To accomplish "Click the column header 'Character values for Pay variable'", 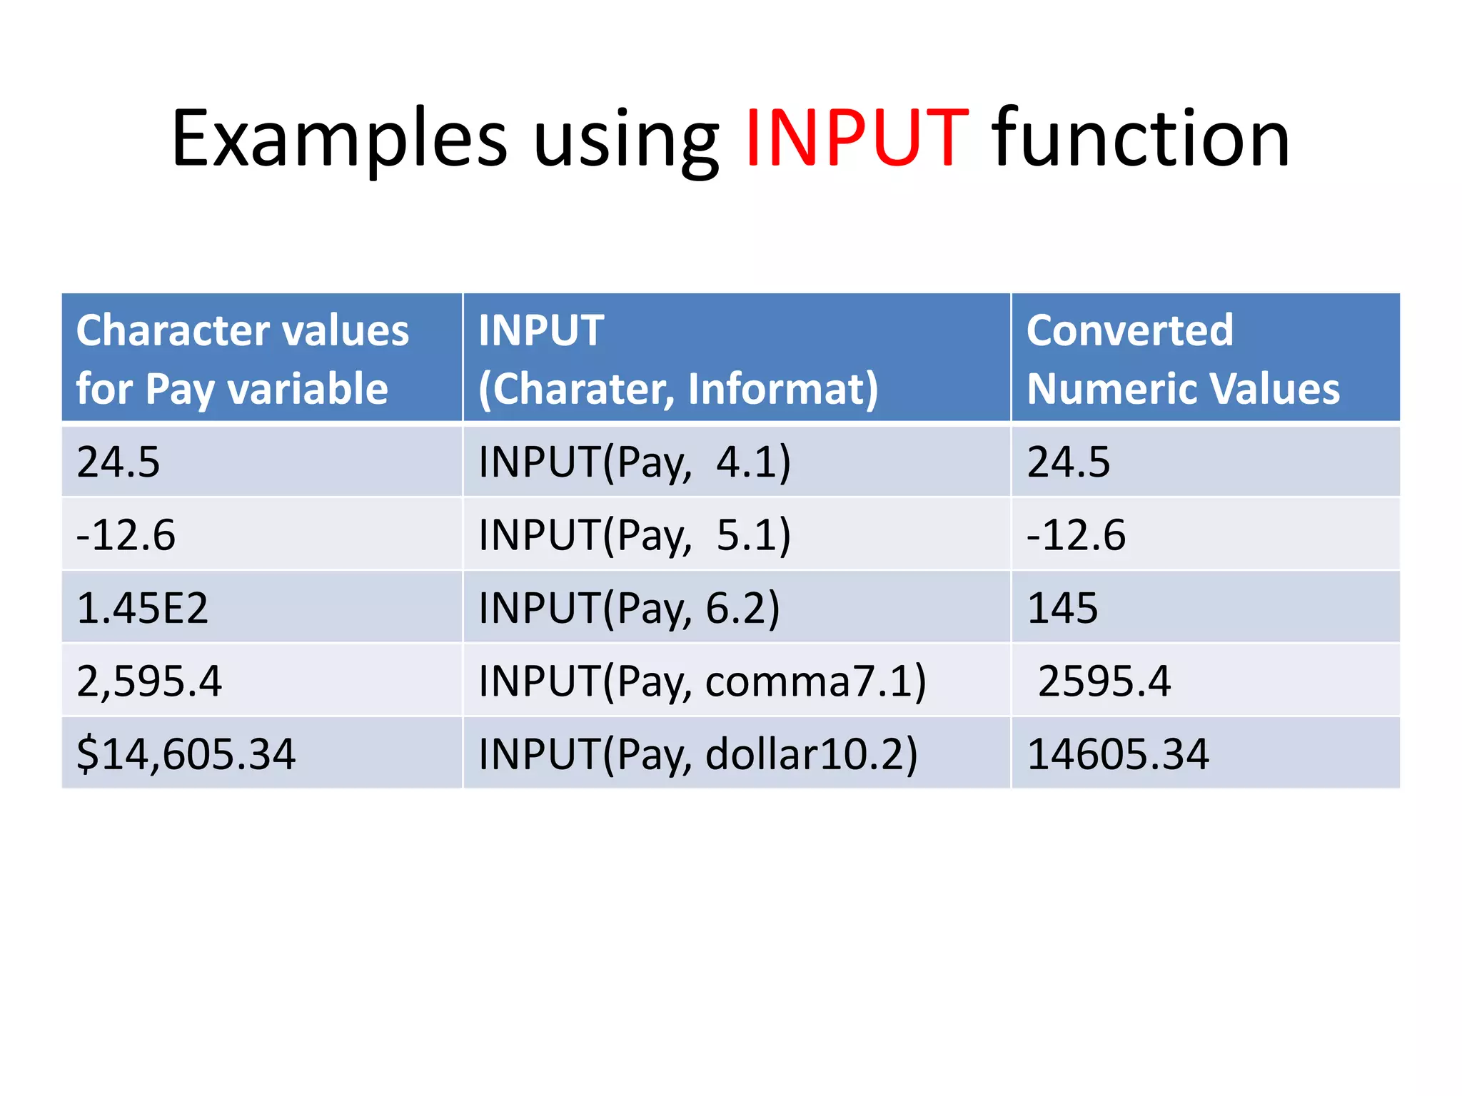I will pos(243,359).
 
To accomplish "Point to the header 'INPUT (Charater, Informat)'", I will pos(678,359).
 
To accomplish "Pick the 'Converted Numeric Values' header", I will pos(1183,359).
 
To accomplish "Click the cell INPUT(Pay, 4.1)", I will pos(635,462).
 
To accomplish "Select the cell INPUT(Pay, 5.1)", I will pos(635,535).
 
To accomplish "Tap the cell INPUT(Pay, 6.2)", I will pos(629,608).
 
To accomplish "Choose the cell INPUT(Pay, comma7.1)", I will pos(702,681).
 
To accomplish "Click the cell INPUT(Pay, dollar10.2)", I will pos(698,754).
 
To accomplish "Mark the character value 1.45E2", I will pos(143,608).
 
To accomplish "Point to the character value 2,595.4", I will pos(149,681).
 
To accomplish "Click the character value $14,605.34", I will pos(186,754).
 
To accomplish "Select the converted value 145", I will pos(1062,608).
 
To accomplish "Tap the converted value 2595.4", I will pos(1104,681).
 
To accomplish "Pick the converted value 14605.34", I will pos(1118,754).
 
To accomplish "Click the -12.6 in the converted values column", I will pos(1076,535).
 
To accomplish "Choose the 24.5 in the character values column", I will pos(119,462).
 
